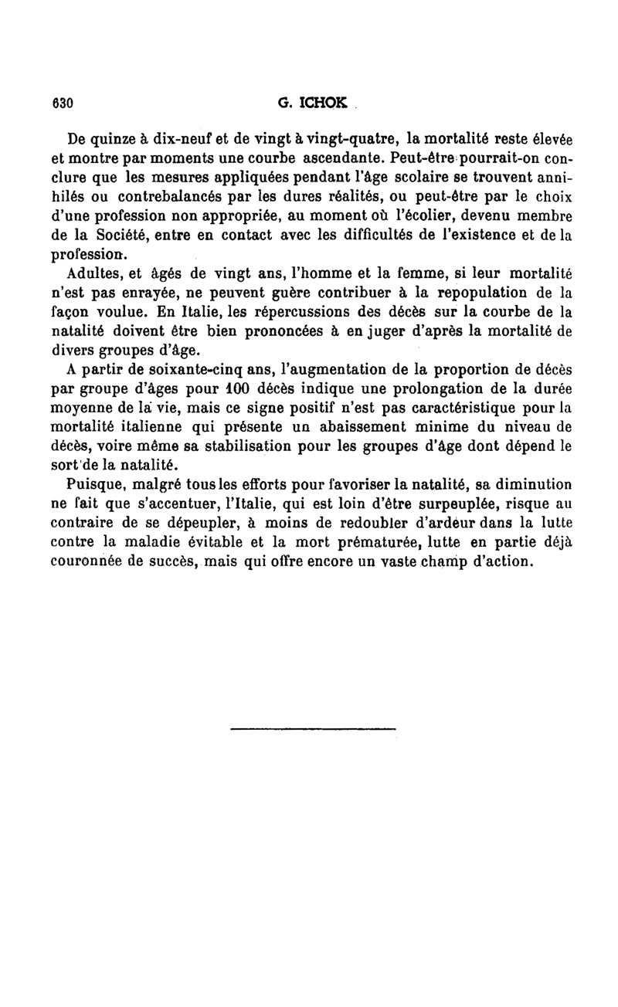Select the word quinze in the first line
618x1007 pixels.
(120, 140)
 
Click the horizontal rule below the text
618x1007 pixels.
(313, 727)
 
